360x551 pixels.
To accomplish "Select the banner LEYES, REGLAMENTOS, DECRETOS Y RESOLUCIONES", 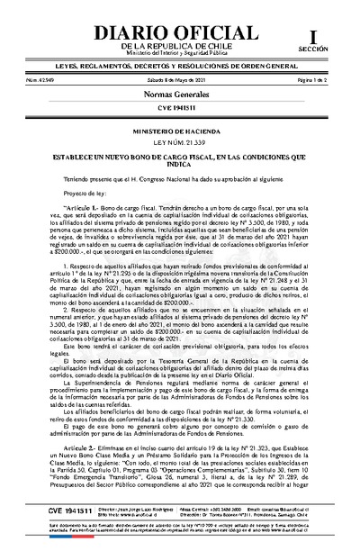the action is (179, 67).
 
